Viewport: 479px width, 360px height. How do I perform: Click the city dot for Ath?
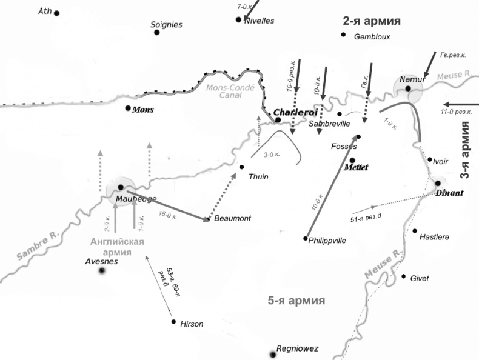[x=57, y=13]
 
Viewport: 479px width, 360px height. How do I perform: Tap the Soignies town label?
[x=166, y=25]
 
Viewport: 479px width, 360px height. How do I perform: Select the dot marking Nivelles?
[x=239, y=19]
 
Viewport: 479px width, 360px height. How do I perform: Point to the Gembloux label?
[x=372, y=36]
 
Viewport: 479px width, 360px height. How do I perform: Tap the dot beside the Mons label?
[x=128, y=108]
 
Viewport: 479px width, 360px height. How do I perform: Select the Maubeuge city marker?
[x=121, y=187]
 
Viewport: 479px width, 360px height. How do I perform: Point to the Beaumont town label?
[x=232, y=218]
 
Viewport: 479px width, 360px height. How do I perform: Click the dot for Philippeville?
[x=306, y=238]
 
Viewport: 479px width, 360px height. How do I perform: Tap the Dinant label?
[x=449, y=193]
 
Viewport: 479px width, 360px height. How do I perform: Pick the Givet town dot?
[x=404, y=276]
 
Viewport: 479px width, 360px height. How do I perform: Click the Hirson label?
[x=192, y=324]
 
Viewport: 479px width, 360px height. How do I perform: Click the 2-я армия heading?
[x=372, y=21]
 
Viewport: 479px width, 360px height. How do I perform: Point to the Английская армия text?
[x=117, y=247]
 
